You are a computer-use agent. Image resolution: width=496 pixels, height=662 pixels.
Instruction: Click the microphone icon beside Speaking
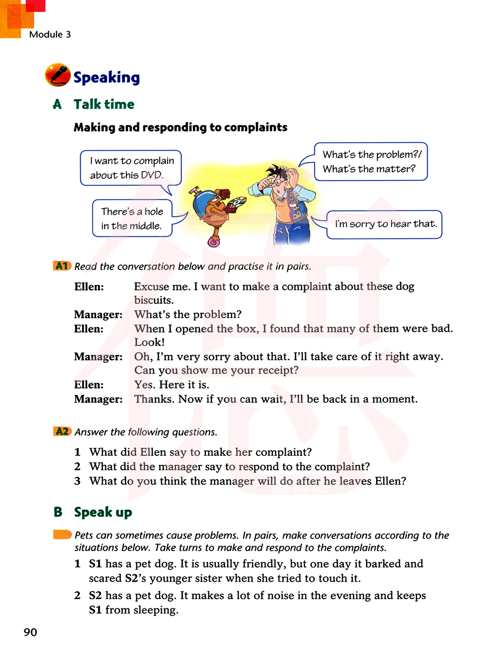click(x=58, y=75)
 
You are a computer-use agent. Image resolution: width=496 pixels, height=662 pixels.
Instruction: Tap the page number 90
click(x=30, y=632)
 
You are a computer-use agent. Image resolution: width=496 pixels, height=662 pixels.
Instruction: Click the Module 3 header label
click(x=50, y=34)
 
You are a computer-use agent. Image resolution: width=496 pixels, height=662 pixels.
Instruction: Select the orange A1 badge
click(x=62, y=266)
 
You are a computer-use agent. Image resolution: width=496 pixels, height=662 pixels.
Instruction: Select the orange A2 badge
click(x=62, y=432)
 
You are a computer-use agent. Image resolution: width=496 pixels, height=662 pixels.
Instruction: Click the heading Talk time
click(x=104, y=105)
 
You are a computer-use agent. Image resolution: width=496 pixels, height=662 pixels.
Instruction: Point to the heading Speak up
click(x=103, y=512)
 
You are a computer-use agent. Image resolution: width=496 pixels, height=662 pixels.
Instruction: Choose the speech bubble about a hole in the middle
click(x=132, y=219)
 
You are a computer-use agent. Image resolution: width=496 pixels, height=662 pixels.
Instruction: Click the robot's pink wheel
click(x=214, y=242)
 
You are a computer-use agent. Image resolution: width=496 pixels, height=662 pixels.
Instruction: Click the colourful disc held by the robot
click(x=236, y=204)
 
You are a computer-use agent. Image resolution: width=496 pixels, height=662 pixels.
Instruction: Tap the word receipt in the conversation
click(x=275, y=371)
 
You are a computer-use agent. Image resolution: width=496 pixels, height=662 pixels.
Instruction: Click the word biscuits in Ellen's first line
click(x=153, y=300)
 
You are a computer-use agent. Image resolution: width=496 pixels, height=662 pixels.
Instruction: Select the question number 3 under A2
click(x=77, y=481)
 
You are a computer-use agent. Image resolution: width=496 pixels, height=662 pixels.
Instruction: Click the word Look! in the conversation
click(x=149, y=342)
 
